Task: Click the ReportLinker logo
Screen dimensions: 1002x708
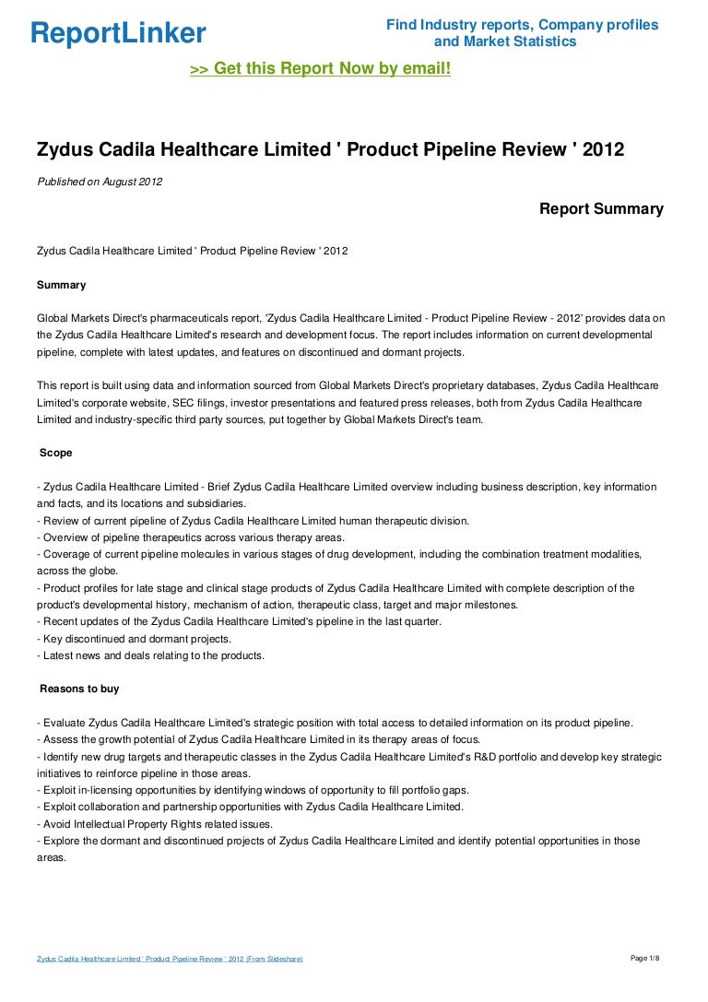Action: pos(118,34)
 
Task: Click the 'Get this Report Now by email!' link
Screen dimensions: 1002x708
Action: pos(320,68)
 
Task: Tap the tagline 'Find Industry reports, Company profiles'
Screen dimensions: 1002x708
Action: pos(522,25)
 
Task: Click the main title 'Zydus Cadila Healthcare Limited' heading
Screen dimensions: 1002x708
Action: pos(330,148)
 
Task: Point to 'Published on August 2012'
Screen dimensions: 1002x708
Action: pos(100,182)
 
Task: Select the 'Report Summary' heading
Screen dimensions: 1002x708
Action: pos(601,209)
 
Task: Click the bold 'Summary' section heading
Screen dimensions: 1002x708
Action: pos(62,285)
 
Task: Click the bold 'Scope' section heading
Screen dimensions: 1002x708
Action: pos(56,454)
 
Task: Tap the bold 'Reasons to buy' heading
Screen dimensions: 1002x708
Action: pos(79,689)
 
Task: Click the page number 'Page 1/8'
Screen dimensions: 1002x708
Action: pos(644,959)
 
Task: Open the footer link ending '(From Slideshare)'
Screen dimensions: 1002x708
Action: pos(170,960)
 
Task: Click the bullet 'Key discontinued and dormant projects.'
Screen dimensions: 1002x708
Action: pos(134,639)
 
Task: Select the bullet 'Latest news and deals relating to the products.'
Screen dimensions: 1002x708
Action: pos(151,655)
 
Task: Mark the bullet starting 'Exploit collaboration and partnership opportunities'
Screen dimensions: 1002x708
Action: pos(250,807)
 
